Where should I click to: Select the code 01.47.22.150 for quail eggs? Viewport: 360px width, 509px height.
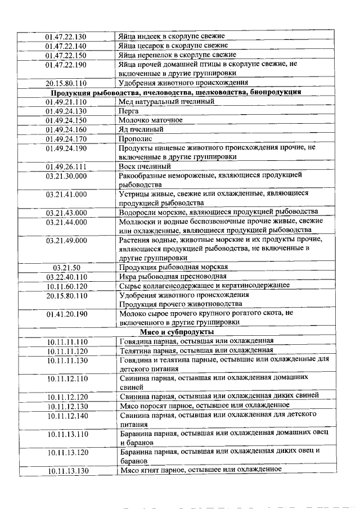(x=66, y=55)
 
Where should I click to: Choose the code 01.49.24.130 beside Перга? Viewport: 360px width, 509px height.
(x=66, y=111)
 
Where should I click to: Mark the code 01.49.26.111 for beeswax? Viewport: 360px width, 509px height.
(x=66, y=167)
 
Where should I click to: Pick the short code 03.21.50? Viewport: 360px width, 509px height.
(x=66, y=267)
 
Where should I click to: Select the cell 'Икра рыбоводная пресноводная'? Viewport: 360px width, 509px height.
(x=173, y=276)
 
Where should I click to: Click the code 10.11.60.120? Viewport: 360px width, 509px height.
(x=66, y=286)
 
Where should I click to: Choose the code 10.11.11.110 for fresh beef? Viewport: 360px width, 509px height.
(x=66, y=341)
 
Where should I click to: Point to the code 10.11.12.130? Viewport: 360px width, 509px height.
(x=66, y=406)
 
